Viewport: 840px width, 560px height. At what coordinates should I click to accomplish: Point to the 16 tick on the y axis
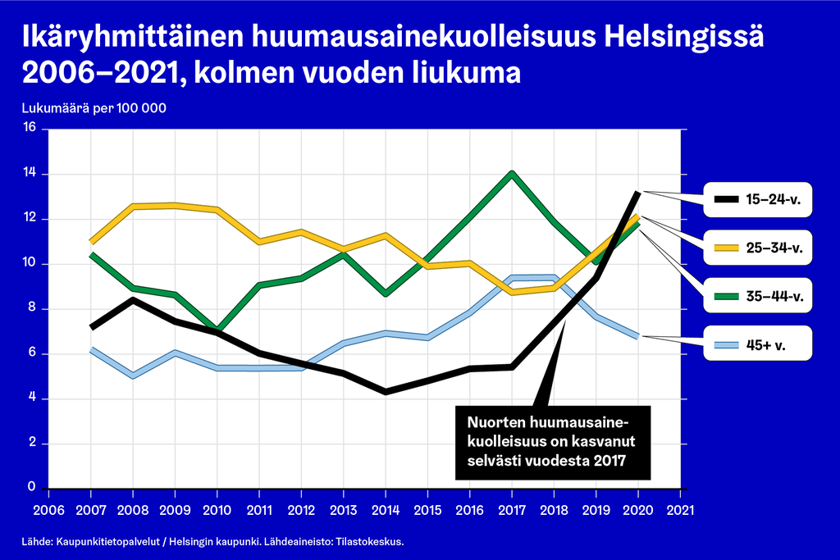point(30,128)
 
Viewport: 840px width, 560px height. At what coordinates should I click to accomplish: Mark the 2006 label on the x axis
point(48,510)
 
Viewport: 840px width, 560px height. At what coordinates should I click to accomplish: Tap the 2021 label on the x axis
point(679,510)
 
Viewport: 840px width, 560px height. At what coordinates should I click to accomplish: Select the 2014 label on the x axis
point(385,510)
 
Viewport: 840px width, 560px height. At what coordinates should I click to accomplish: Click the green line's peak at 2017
point(512,174)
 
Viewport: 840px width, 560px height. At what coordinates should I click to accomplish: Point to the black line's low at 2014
point(385,392)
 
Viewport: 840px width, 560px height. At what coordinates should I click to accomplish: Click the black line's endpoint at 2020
point(637,192)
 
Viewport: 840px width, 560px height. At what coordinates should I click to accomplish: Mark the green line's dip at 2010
point(217,330)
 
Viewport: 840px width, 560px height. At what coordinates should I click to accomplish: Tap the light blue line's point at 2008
point(132,376)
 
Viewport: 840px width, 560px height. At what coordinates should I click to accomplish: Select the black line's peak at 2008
point(133,299)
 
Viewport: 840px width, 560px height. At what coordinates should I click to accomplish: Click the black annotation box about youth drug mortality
point(551,443)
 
